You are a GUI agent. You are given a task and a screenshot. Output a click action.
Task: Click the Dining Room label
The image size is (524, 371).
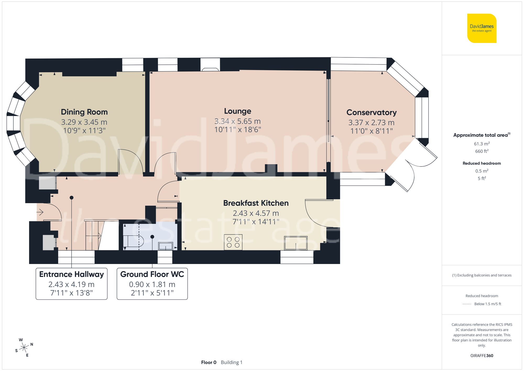84,112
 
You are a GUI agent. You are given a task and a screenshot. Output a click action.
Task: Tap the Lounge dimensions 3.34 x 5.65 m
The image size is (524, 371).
237,121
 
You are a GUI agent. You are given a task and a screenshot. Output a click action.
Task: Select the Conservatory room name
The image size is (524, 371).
371,112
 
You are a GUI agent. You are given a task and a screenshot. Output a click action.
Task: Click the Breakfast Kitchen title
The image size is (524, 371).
256,203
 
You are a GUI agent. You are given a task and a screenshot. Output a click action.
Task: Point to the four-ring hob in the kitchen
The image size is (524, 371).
233,242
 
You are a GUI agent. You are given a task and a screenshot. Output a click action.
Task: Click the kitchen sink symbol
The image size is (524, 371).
296,243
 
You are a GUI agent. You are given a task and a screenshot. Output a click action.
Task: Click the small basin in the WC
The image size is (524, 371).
166,246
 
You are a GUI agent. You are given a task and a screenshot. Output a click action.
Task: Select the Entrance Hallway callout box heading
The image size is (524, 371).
72,274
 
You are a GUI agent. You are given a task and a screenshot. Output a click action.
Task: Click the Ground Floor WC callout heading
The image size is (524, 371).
152,274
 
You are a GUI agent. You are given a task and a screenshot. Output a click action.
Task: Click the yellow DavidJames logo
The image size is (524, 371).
482,28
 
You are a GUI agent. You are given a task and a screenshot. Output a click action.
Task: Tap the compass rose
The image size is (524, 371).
24,348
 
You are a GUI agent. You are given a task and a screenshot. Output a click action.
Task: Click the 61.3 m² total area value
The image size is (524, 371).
482,144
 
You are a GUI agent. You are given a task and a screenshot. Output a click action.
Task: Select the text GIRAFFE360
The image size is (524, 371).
482,356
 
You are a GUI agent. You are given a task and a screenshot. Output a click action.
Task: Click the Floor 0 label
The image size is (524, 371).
209,362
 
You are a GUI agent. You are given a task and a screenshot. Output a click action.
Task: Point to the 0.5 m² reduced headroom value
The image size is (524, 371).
482,171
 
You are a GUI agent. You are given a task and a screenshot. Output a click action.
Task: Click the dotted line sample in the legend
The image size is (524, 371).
467,304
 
